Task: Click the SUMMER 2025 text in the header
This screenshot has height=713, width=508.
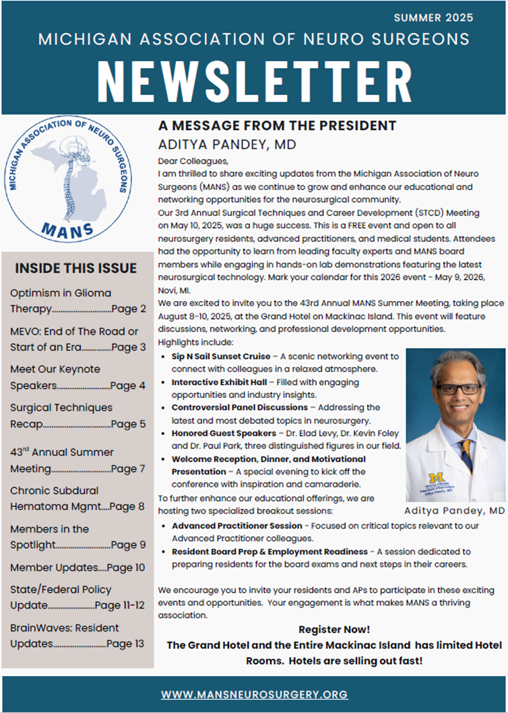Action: tap(433, 18)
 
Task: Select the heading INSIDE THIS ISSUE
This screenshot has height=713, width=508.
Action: tap(75, 268)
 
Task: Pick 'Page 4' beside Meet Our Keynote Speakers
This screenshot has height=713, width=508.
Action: tap(127, 386)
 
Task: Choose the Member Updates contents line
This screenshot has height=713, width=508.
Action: tap(77, 567)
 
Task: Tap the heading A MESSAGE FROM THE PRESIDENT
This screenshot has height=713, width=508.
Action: tap(277, 126)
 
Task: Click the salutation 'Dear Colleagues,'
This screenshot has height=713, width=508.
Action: tap(193, 161)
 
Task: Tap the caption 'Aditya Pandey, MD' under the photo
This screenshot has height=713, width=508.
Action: tap(455, 511)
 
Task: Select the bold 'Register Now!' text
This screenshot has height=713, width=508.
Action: tap(334, 629)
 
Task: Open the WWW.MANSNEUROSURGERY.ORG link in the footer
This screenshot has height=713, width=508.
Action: tap(254, 693)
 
